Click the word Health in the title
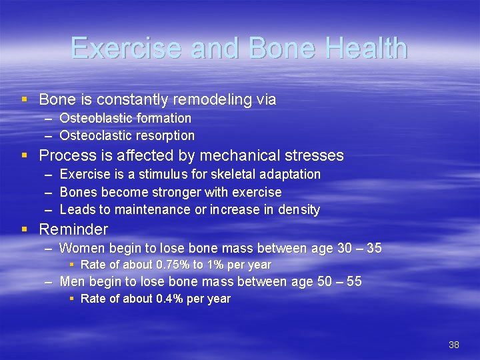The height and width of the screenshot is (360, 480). point(363,49)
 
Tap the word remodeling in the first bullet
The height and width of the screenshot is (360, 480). point(209,100)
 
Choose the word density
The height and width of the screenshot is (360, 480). point(299,210)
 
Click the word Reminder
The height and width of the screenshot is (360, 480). point(73,230)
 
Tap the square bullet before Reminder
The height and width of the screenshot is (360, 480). point(25,229)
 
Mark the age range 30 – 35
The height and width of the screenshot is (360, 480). point(359,249)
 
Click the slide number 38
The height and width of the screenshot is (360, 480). point(454,345)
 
